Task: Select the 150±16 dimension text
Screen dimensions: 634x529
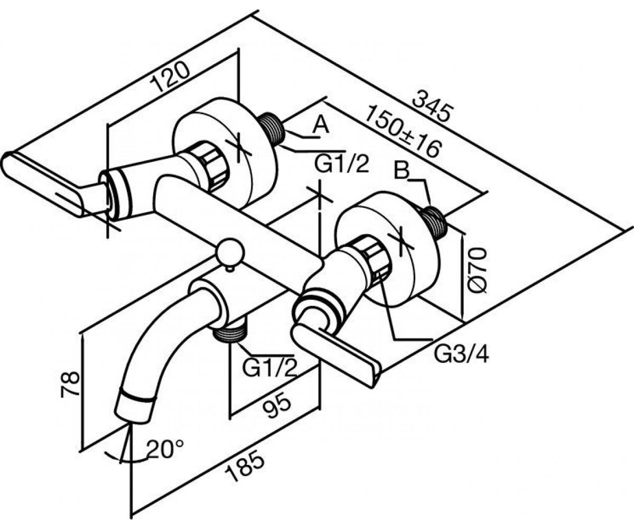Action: [403, 131]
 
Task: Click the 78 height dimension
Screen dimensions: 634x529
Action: [70, 384]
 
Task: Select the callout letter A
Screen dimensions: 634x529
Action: [321, 125]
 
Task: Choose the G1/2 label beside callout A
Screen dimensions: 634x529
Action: [342, 164]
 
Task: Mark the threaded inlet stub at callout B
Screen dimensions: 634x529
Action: [434, 221]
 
